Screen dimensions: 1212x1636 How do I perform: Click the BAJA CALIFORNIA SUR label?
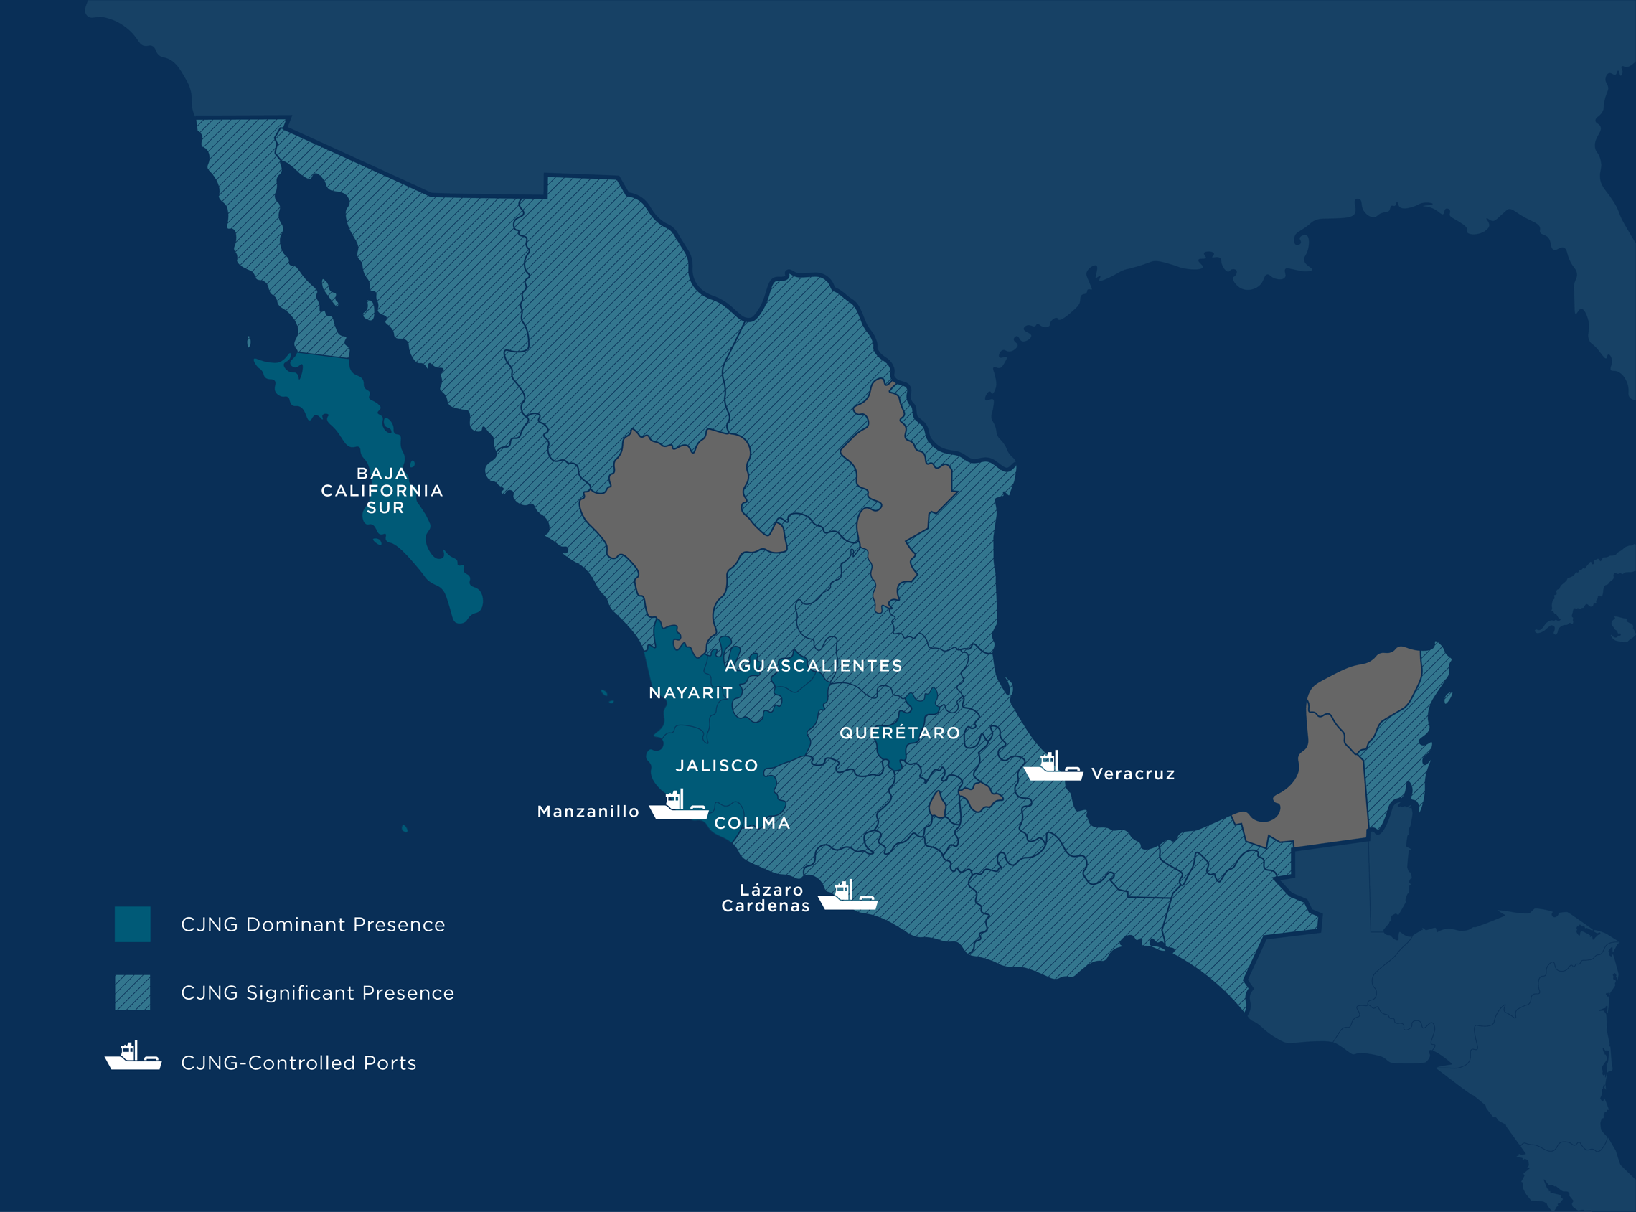pyautogui.click(x=382, y=490)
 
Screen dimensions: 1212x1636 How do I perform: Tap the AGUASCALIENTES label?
pyautogui.click(x=813, y=665)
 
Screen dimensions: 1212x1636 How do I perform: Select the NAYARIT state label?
pyautogui.click(x=690, y=692)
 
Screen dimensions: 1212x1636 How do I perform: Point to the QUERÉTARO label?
pyautogui.click(x=899, y=732)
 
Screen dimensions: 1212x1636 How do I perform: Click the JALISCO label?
pyautogui.click(x=716, y=765)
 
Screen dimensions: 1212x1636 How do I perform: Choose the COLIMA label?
pyautogui.click(x=752, y=823)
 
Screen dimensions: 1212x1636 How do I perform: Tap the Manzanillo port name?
pyautogui.click(x=588, y=812)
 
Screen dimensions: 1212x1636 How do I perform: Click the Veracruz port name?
pyautogui.click(x=1133, y=774)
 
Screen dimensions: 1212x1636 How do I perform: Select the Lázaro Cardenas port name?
pyautogui.click(x=766, y=898)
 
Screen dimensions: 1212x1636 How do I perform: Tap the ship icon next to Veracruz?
pyautogui.click(x=1053, y=766)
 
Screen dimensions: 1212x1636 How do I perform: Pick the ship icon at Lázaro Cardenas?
pyautogui.click(x=847, y=896)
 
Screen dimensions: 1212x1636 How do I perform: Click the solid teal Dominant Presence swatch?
pyautogui.click(x=132, y=924)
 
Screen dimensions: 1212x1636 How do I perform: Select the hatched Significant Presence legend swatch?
pyautogui.click(x=132, y=992)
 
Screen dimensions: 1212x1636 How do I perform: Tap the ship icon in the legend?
pyautogui.click(x=133, y=1056)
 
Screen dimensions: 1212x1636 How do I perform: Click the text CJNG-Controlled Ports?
pyautogui.click(x=298, y=1062)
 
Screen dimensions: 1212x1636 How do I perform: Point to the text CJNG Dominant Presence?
pyautogui.click(x=313, y=924)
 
